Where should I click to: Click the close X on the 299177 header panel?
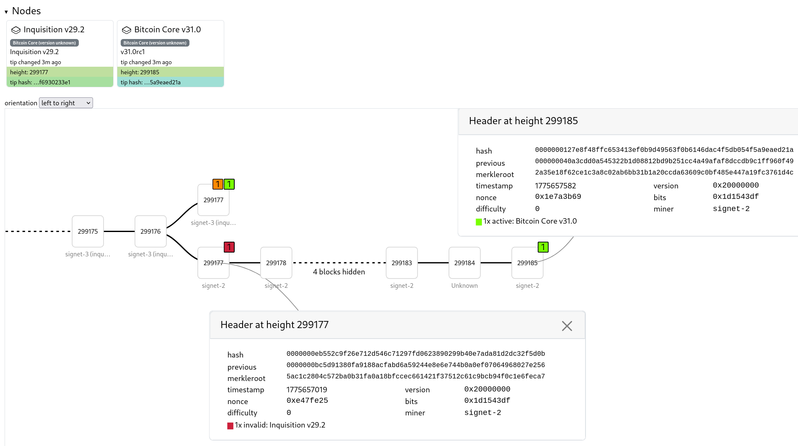coord(567,326)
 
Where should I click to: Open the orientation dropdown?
coord(66,103)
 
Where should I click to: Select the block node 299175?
coord(88,231)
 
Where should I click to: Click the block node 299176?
coord(150,231)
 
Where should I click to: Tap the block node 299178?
coord(276,263)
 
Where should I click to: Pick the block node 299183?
coord(402,263)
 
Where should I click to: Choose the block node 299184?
coord(464,263)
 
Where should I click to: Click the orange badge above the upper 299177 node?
coord(218,184)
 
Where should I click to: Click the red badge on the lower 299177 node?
coord(229,247)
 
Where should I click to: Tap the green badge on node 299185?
coord(543,247)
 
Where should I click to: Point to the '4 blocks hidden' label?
coord(339,272)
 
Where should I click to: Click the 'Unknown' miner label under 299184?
coord(464,286)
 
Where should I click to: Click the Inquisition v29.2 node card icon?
coord(16,30)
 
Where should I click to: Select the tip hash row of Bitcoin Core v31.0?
coord(170,82)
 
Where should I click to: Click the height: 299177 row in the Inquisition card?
coord(60,72)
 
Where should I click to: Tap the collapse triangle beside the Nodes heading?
coord(6,12)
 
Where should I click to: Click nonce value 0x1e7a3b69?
coord(558,197)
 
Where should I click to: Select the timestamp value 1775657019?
coord(307,390)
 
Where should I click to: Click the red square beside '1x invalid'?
coord(230,426)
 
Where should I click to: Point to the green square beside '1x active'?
coord(479,222)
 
